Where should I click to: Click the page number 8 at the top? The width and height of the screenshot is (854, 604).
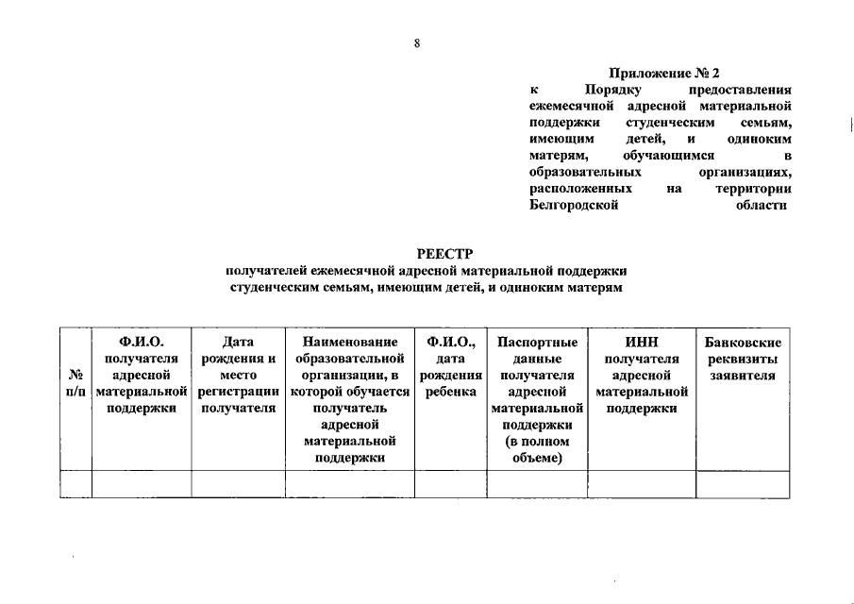pos(416,42)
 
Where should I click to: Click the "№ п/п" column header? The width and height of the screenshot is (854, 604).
pos(75,383)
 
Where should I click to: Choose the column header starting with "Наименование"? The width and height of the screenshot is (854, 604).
pos(350,342)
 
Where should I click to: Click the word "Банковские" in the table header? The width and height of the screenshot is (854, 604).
pos(743,342)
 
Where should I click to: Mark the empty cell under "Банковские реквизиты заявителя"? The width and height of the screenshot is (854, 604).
pos(743,484)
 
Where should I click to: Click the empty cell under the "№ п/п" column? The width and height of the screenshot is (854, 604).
pos(75,484)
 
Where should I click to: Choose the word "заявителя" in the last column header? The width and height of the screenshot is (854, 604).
pos(743,376)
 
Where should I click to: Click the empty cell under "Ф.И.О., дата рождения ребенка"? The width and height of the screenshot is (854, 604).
pos(450,484)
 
